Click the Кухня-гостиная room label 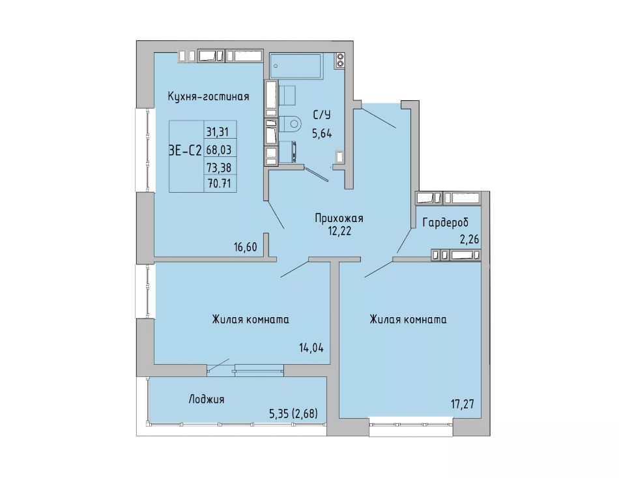click(x=209, y=96)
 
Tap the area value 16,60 click(x=245, y=247)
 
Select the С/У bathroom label click(x=322, y=115)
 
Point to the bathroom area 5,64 click(x=322, y=134)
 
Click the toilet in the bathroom click(x=290, y=124)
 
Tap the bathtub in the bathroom click(x=296, y=66)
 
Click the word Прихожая click(x=339, y=218)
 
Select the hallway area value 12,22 click(x=339, y=231)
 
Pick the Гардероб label click(x=446, y=223)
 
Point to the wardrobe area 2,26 click(x=468, y=239)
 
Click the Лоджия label click(x=207, y=399)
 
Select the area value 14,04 click(x=311, y=348)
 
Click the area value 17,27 click(x=462, y=404)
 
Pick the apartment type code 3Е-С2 click(x=186, y=150)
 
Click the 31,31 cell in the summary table click(x=218, y=132)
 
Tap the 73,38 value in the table click(x=219, y=168)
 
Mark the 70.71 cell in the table click(x=219, y=184)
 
